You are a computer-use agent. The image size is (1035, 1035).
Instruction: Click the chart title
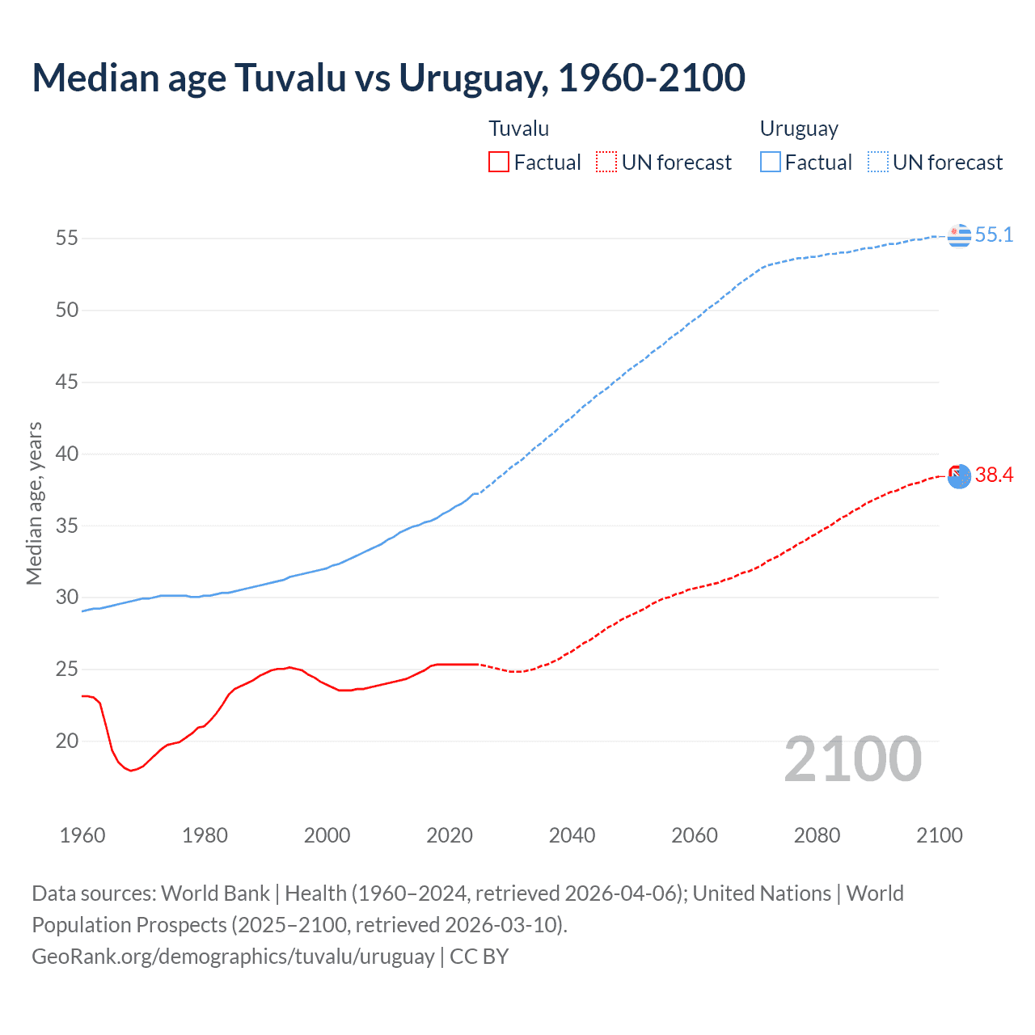388,78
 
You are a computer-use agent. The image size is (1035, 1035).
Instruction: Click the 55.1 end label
994,235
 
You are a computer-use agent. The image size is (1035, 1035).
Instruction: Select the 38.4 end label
994,475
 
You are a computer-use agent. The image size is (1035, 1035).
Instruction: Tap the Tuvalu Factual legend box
499,163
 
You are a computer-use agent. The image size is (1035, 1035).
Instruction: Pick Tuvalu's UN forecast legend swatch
606,163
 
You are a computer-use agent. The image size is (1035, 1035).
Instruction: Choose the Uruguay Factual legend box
770,163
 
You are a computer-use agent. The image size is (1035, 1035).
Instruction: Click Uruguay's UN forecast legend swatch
877,163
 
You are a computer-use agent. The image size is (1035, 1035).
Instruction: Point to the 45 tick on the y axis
67,382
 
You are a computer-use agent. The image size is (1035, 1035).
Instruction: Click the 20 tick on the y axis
67,741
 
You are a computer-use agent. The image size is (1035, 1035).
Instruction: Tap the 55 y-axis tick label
67,239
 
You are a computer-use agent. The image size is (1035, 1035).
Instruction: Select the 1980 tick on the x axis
205,835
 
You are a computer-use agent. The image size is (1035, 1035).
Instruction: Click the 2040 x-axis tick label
572,835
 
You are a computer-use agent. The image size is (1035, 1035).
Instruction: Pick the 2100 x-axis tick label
939,835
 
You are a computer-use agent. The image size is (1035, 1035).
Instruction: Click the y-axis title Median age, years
34,503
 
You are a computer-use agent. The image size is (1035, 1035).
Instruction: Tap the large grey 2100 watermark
852,759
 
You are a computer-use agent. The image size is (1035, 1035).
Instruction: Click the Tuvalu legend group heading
519,129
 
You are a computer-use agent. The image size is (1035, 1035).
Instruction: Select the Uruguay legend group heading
799,129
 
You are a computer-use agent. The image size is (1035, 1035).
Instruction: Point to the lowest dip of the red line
131,771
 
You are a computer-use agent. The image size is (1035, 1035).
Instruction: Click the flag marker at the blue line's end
959,235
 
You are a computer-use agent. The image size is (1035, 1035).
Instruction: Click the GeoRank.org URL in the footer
233,957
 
